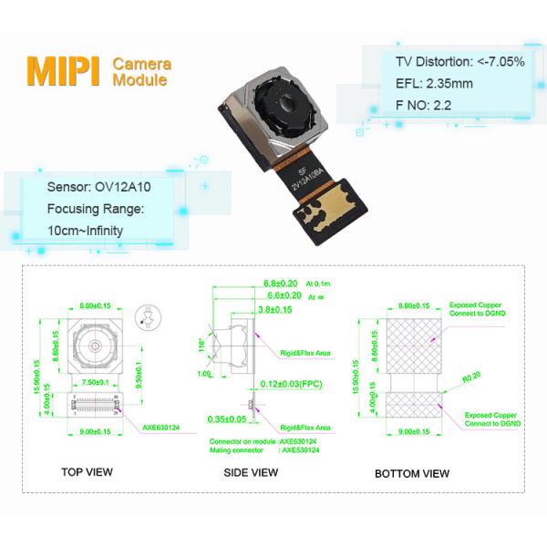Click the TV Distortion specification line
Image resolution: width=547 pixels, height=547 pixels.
tap(459, 62)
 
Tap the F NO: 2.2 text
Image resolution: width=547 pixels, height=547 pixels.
tap(424, 105)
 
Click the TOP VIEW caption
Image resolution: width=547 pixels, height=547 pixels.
tap(88, 473)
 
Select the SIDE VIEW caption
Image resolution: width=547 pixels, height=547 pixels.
tap(251, 473)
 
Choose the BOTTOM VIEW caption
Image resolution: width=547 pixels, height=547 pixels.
tap(412, 473)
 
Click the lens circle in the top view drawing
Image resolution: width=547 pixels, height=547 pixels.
tap(93, 347)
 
